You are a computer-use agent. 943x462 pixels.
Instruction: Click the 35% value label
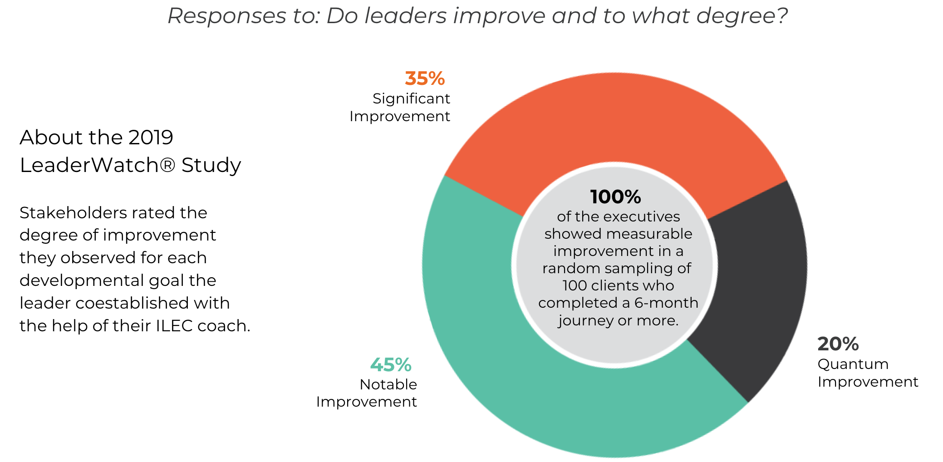click(x=425, y=79)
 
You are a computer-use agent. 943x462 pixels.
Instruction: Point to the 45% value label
click(x=391, y=365)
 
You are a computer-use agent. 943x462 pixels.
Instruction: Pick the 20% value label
click(x=838, y=344)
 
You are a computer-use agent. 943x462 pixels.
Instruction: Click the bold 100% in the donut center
click(x=615, y=197)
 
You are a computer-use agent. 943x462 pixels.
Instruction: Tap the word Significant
click(x=411, y=98)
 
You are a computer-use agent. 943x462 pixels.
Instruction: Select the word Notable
click(x=388, y=384)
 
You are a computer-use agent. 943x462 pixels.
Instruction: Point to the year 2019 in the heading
click(x=151, y=137)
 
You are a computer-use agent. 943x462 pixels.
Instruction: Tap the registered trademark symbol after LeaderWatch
click(x=167, y=165)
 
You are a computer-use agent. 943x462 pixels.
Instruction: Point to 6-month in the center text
click(x=666, y=303)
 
